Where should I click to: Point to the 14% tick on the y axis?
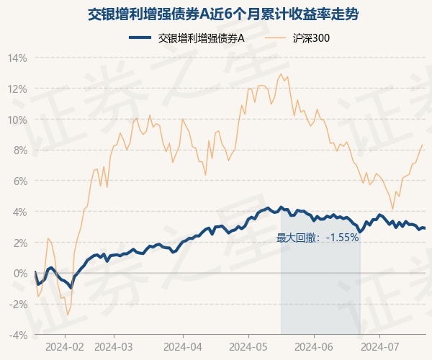tap(17, 58)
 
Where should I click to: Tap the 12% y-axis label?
tap(17, 89)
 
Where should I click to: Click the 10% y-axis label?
tap(17, 120)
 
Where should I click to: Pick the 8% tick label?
tap(19, 150)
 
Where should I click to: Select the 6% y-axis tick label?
tap(19, 181)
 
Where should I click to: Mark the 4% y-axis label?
tap(19, 212)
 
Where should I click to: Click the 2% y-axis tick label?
tap(19, 243)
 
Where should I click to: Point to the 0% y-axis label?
tap(19, 274)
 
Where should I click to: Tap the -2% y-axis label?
tap(18, 304)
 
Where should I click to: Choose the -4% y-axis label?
tap(18, 335)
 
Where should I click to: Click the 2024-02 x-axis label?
tap(65, 346)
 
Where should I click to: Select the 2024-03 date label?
tap(114, 346)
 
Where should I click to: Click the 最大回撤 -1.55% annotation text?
tap(318, 237)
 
